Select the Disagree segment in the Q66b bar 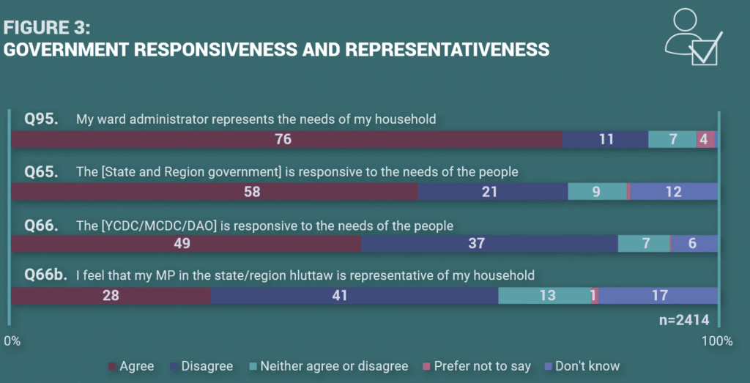[354, 296]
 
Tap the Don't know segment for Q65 [674, 192]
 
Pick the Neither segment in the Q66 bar [644, 244]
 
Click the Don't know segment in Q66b [658, 296]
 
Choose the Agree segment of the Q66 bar [187, 244]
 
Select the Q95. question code [40, 119]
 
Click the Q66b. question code [45, 275]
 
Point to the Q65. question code [40, 171]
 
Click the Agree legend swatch [112, 366]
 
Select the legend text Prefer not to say [482, 366]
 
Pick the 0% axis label [12, 341]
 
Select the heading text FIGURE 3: [48, 28]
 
